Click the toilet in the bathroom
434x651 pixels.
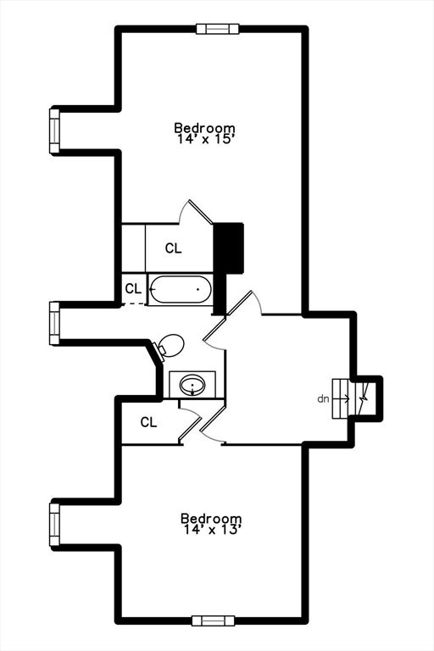coord(170,346)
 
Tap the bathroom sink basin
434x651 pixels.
coord(192,385)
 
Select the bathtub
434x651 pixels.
coord(181,289)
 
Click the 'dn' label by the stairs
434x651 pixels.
coord(323,399)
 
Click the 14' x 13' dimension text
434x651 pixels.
coord(211,530)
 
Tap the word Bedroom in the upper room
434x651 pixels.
coord(204,127)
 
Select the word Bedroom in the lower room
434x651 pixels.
coord(211,519)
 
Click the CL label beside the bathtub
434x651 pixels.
coord(133,288)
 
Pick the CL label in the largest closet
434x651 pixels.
coord(173,248)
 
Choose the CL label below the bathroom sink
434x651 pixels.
coord(148,422)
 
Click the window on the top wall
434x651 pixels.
coord(218,29)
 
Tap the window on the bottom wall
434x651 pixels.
coord(214,620)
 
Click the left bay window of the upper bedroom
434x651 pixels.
coord(54,131)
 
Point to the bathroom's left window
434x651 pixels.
coord(54,324)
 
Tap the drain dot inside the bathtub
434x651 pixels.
coord(198,289)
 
